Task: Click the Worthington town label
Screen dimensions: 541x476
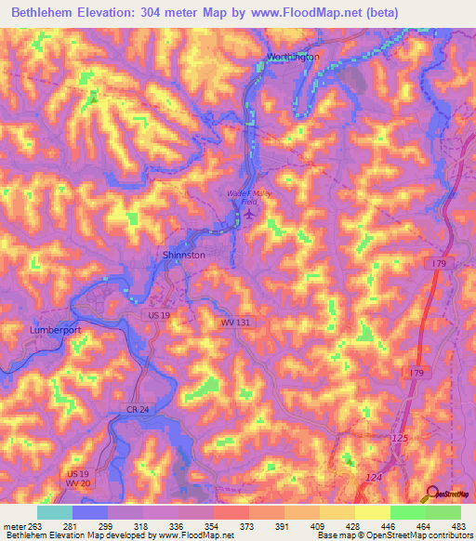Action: point(293,57)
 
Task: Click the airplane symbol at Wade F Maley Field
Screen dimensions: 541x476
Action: point(249,216)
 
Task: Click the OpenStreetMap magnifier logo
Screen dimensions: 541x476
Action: point(431,494)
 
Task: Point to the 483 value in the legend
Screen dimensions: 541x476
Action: point(458,526)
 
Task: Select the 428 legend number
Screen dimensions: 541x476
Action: point(353,526)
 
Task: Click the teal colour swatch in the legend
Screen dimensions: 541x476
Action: point(54,512)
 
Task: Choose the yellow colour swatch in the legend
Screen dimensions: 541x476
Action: point(372,512)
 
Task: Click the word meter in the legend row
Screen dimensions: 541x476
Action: point(13,526)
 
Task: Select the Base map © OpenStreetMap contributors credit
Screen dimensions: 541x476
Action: point(394,536)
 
